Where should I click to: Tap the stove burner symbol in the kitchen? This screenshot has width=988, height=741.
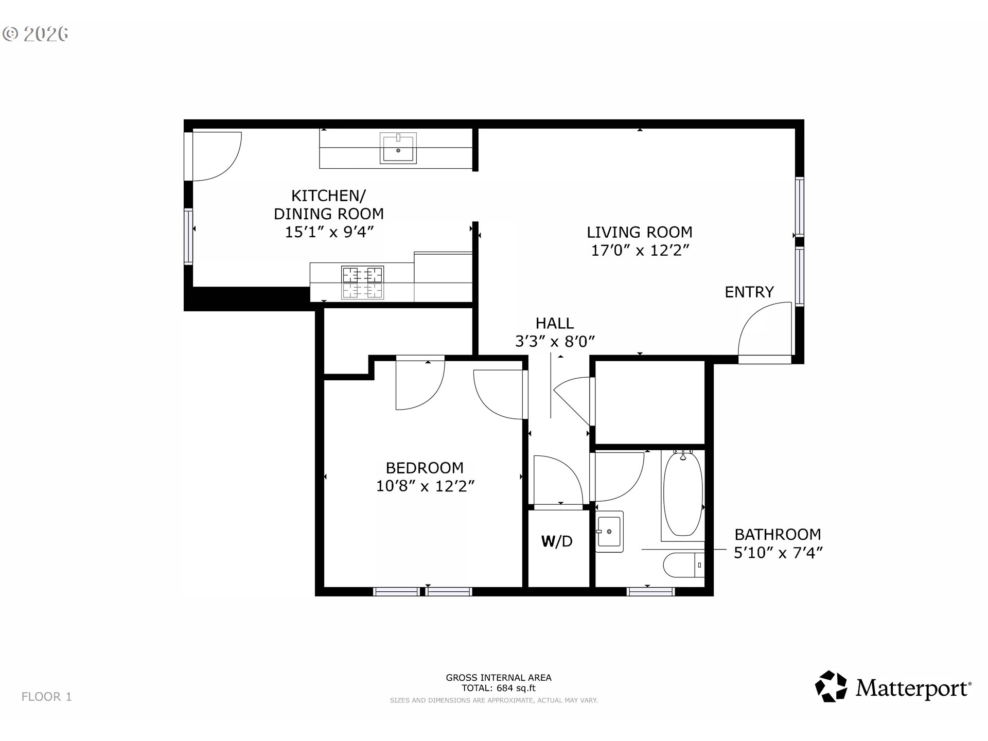click(x=363, y=283)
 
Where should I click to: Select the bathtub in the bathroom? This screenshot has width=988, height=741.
click(x=682, y=494)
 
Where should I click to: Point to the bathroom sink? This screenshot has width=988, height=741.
click(x=609, y=531)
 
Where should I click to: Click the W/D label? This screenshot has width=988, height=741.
click(x=557, y=541)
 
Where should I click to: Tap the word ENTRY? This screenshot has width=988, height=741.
click(x=749, y=292)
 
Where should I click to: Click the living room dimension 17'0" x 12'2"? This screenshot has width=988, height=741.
click(x=640, y=251)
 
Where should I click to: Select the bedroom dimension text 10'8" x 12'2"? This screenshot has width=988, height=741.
click(x=425, y=486)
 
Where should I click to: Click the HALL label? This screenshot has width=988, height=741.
click(x=554, y=323)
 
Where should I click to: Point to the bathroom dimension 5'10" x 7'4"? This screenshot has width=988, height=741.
click(x=778, y=553)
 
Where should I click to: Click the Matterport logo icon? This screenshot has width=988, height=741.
click(x=831, y=686)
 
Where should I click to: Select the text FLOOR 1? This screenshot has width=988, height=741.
click(x=47, y=697)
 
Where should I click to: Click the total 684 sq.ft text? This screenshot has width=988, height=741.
click(x=498, y=688)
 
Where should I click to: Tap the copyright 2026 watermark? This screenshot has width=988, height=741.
click(x=36, y=34)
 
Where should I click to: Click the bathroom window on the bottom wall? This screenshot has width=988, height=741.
click(x=650, y=592)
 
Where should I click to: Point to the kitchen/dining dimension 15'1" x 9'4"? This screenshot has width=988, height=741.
click(x=329, y=232)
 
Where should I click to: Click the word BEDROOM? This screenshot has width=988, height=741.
click(x=425, y=468)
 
